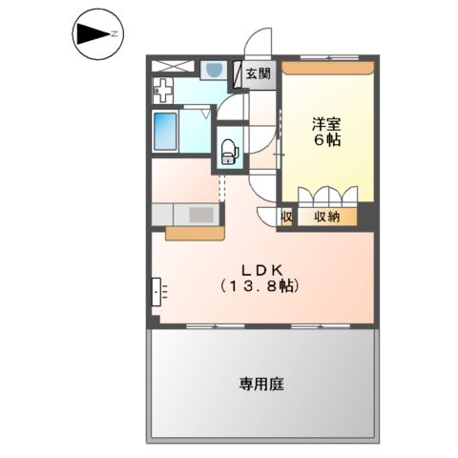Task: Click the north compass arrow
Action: [x=92, y=35]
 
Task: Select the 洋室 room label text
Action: [x=326, y=123]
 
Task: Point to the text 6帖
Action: [x=327, y=139]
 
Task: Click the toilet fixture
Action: [x=228, y=150]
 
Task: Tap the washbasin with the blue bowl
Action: [x=214, y=70]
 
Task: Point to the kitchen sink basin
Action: [x=201, y=215]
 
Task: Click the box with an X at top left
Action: [x=173, y=67]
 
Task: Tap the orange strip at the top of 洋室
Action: [x=326, y=68]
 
